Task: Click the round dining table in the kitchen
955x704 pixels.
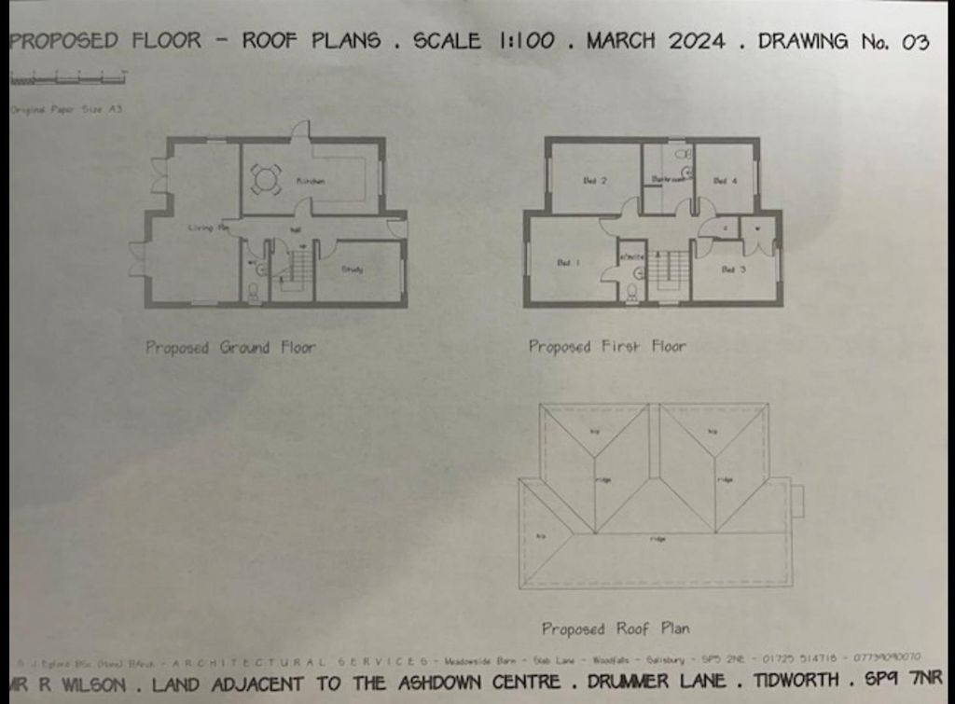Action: (x=266, y=179)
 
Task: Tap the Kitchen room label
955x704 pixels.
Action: (x=311, y=181)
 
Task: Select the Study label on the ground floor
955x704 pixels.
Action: (x=352, y=270)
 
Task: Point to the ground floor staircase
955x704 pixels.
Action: (x=298, y=270)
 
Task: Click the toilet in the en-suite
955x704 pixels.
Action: (x=631, y=292)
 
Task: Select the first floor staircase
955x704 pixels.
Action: (x=668, y=270)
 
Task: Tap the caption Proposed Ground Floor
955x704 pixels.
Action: (x=229, y=348)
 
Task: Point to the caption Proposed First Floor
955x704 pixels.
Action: (x=607, y=347)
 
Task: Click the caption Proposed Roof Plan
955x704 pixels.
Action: (x=616, y=628)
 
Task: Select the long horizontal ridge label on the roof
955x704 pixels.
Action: (x=657, y=539)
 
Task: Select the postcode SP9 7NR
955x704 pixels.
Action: (x=904, y=680)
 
